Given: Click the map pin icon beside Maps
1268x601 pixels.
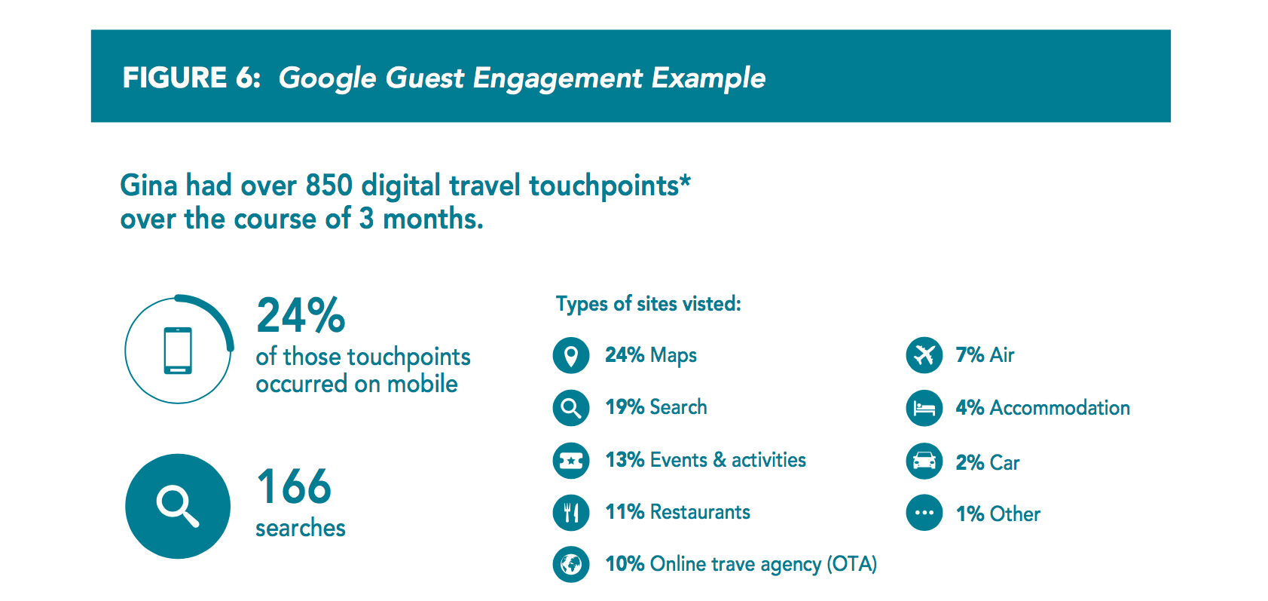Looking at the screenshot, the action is [571, 355].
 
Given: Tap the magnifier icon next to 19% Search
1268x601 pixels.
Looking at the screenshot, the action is [571, 408].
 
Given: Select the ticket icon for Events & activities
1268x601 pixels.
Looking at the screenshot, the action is [571, 461].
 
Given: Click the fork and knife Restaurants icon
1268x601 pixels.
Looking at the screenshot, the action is [571, 513].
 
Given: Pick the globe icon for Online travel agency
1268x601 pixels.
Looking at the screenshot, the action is [571, 564].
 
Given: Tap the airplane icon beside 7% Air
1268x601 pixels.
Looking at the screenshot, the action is [924, 355].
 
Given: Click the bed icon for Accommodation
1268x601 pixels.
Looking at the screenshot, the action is [924, 408].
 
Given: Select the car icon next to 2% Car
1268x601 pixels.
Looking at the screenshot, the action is [924, 461].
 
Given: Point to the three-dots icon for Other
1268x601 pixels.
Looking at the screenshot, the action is [924, 513].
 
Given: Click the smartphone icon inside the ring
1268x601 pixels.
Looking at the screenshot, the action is [178, 351].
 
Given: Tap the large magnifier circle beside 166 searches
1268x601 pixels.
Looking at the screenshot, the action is [178, 506].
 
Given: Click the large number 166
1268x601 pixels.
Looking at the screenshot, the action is [294, 486].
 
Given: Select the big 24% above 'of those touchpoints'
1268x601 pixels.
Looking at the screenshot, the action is [301, 315].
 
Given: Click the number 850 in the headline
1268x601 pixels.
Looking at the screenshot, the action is [329, 186].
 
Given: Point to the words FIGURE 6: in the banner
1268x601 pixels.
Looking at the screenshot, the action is [191, 78].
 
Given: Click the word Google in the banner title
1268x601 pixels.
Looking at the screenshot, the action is [327, 78].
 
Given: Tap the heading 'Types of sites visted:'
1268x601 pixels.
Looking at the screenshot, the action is [648, 304].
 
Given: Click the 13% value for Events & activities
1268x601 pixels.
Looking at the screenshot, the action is [625, 460].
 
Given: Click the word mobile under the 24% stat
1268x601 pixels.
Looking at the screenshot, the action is [422, 384].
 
